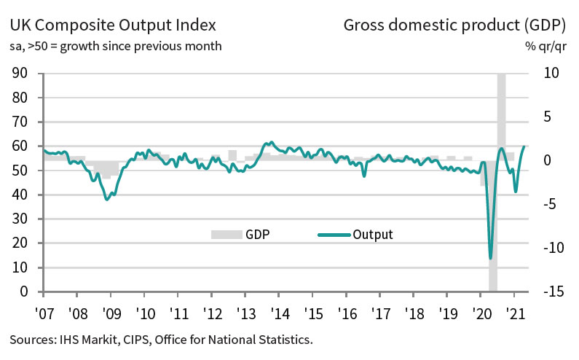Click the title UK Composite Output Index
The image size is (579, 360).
click(113, 26)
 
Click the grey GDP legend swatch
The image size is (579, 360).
click(226, 235)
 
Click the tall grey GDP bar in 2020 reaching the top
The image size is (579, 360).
click(502, 109)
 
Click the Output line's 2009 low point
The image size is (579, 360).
click(107, 199)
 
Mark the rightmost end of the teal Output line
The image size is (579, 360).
click(524, 146)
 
